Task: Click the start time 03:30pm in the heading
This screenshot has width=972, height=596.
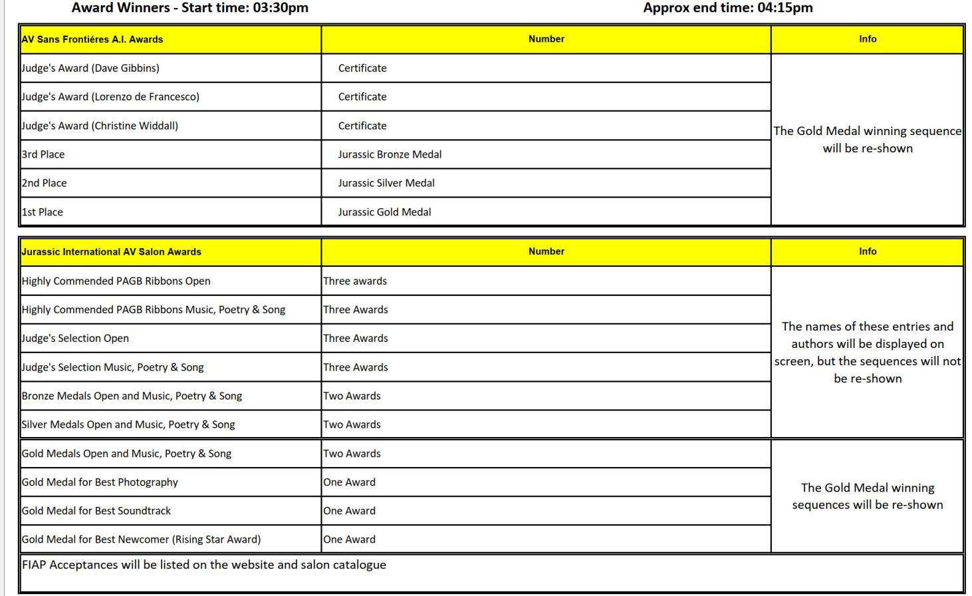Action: (280, 8)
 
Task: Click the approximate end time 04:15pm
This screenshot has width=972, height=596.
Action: (785, 8)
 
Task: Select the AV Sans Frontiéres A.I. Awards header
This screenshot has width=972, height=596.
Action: (92, 39)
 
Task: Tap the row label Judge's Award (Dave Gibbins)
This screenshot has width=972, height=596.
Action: (90, 68)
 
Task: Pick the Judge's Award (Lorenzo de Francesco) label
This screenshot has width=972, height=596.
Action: (110, 96)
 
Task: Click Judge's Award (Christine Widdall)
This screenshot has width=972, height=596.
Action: (100, 126)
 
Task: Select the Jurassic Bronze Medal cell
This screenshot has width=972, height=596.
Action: (390, 154)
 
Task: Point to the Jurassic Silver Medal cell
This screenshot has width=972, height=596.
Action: (386, 183)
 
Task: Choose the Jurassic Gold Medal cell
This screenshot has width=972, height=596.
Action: (384, 212)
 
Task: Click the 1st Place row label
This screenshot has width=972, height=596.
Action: (43, 212)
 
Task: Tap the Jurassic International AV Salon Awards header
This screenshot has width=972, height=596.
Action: (112, 252)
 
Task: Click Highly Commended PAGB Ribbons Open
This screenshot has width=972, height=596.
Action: (116, 281)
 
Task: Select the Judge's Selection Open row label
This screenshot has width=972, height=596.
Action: (76, 338)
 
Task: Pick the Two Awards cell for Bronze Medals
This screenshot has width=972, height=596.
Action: (352, 396)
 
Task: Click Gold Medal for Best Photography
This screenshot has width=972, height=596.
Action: (100, 482)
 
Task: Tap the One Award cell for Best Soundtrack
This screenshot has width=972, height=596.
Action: (349, 511)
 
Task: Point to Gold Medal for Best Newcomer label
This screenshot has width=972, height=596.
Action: (142, 539)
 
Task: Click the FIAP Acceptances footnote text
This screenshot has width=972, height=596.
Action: (204, 565)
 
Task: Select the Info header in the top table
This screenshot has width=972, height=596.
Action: (867, 39)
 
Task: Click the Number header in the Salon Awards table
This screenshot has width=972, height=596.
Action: (546, 251)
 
